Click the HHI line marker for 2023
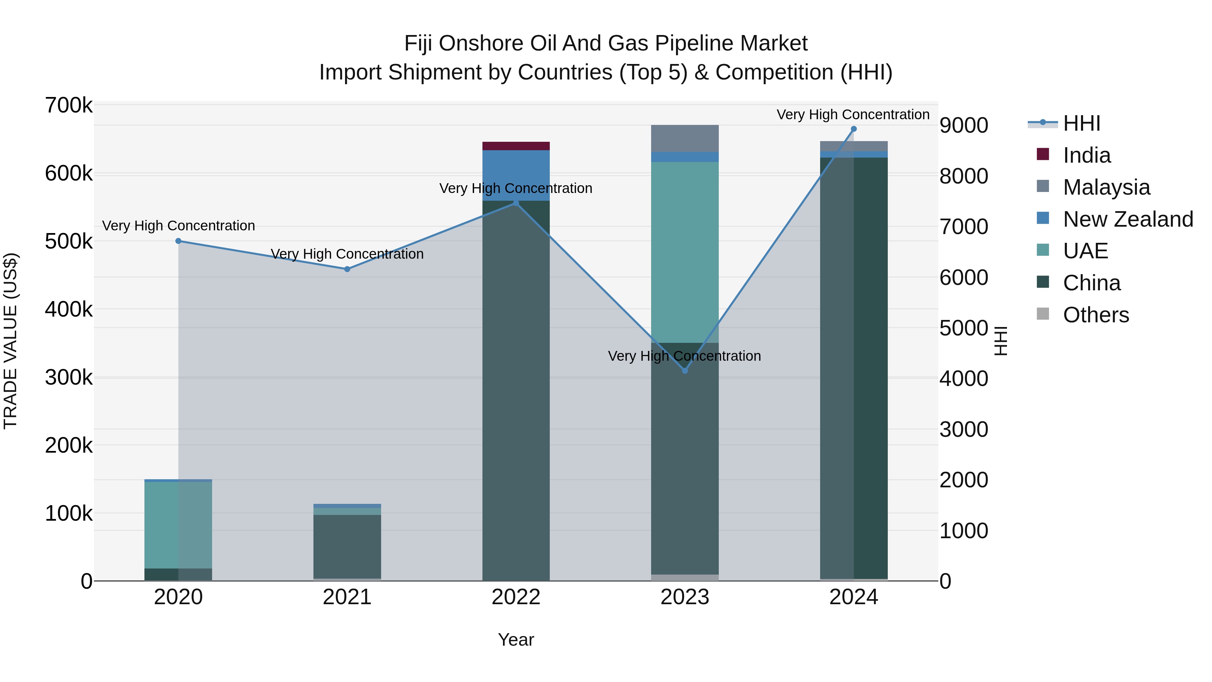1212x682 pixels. coord(684,371)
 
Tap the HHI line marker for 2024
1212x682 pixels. coord(853,129)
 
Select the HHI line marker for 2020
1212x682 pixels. coord(178,241)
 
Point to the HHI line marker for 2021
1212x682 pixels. coord(347,269)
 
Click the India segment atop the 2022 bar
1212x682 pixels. coord(516,146)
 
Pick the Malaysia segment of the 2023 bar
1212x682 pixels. coord(684,138)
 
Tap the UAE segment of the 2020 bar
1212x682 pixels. coord(178,525)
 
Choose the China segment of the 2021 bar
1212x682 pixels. coord(347,546)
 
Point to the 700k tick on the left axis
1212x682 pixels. coord(69,105)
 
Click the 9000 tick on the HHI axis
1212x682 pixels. coord(964,126)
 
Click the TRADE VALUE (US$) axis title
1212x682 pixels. coord(10,341)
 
